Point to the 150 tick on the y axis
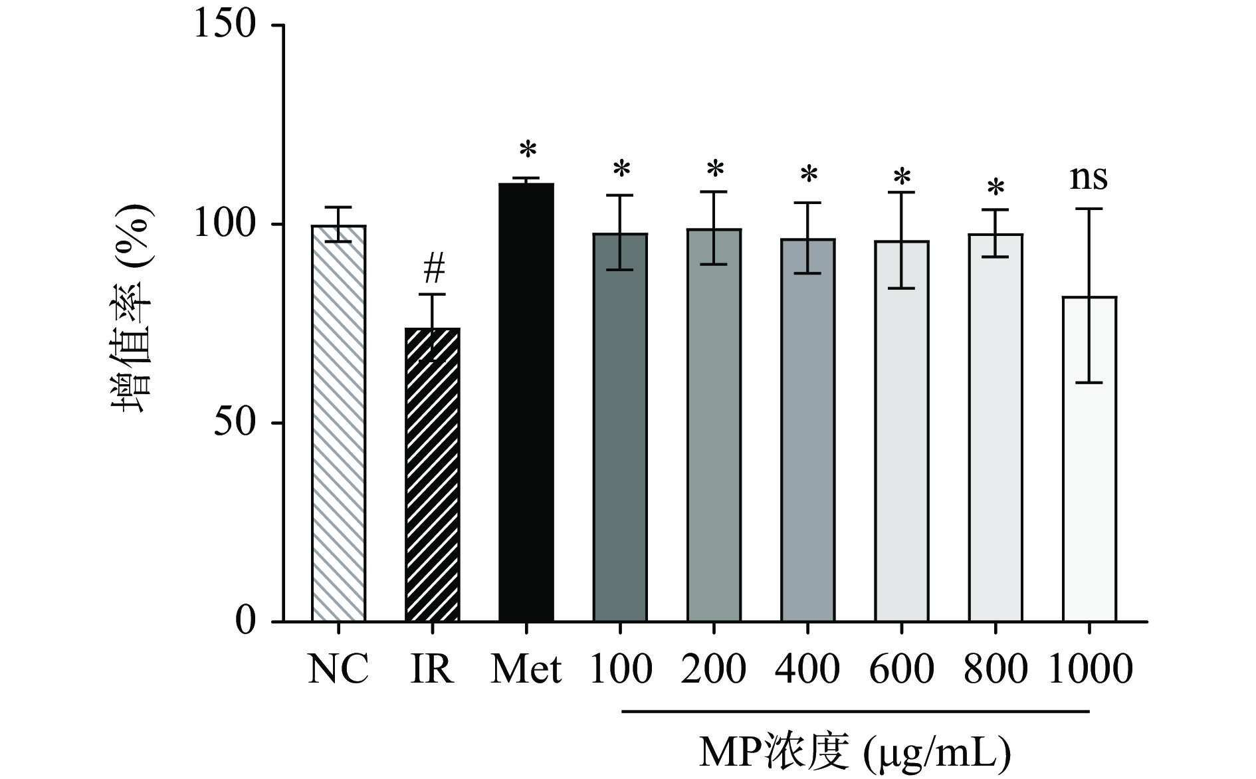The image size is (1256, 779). click(278, 25)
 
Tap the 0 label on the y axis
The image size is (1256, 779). click(245, 621)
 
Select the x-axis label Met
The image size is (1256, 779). click(526, 669)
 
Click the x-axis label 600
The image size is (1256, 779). click(901, 669)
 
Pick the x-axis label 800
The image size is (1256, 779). click(995, 669)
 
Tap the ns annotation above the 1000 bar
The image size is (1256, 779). click(1089, 178)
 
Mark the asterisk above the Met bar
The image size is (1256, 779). click(527, 150)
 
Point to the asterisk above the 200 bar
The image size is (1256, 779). click(714, 169)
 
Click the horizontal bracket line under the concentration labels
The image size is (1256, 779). click(855, 712)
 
